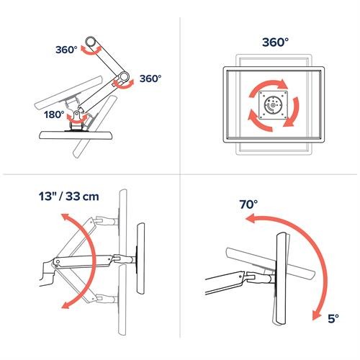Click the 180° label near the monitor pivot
point(55,114)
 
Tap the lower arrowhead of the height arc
point(65,305)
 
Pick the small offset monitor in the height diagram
point(140,256)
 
